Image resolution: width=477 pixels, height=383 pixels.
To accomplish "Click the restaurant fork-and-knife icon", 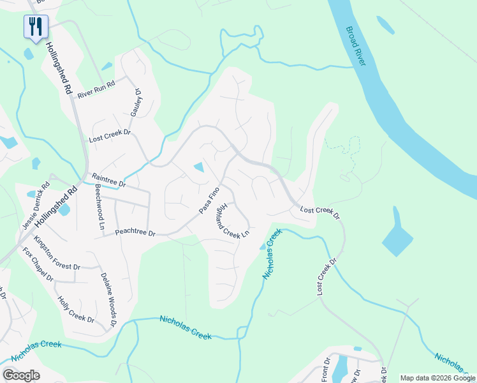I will click(36, 26).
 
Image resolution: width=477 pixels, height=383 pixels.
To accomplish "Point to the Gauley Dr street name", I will click(136, 101).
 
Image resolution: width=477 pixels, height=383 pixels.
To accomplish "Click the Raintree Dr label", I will click(109, 180).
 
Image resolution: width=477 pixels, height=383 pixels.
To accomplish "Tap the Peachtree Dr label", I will click(135, 234).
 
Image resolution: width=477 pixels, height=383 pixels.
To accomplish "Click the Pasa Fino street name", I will click(209, 200).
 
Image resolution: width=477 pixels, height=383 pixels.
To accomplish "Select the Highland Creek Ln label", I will click(232, 221).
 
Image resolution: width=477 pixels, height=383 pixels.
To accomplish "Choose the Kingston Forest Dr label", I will click(57, 253).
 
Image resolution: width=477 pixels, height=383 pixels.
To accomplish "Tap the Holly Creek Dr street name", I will click(76, 310).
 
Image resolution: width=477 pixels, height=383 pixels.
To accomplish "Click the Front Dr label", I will click(325, 370).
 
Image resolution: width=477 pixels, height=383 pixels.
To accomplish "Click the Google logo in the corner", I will click(21, 375).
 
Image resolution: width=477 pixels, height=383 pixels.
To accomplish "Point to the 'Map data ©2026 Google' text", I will click(437, 378).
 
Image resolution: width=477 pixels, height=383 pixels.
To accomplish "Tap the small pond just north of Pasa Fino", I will click(199, 167).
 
